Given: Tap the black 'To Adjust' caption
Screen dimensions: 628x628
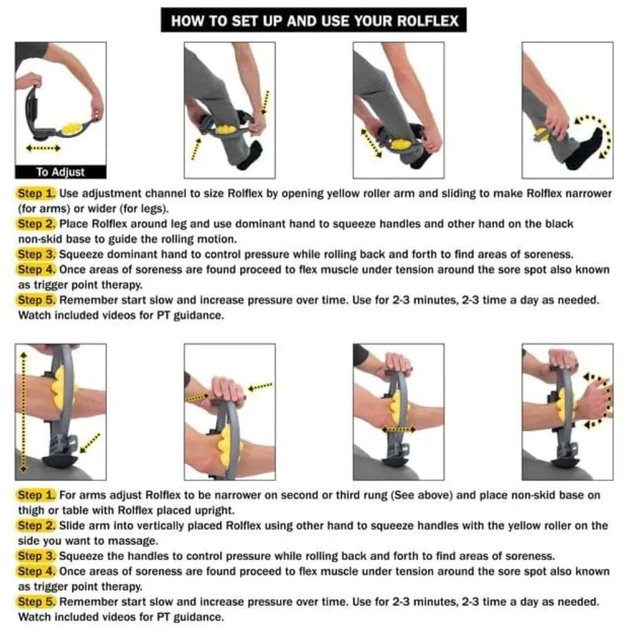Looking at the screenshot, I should pos(60,171).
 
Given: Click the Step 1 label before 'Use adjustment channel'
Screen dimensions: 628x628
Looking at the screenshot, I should pos(36,193).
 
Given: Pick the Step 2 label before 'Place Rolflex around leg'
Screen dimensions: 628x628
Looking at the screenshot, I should pos(36,224).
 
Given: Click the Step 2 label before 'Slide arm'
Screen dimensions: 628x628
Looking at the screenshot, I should pos(36,526).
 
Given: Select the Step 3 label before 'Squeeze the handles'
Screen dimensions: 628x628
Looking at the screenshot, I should pos(36,556).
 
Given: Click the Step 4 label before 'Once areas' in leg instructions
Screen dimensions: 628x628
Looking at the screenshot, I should pos(36,269).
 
